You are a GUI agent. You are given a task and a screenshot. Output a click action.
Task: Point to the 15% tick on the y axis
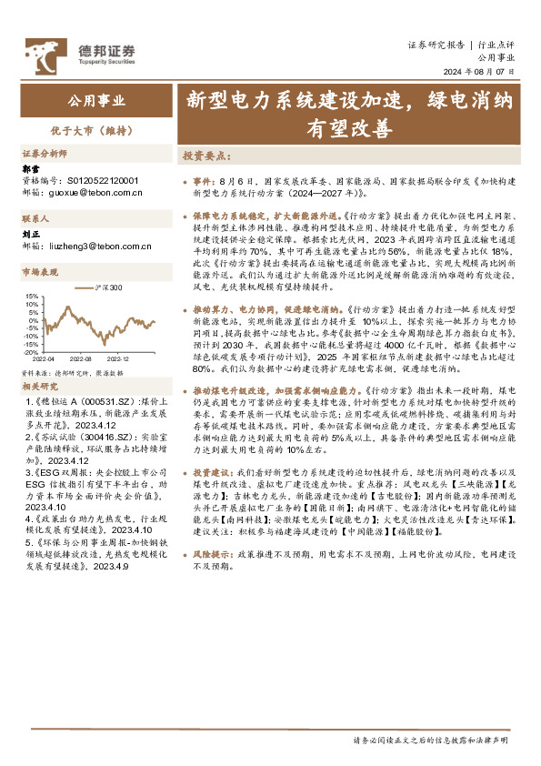[x=32, y=296]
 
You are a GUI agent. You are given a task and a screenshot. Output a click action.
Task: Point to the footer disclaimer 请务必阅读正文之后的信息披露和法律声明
[x=431, y=741]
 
